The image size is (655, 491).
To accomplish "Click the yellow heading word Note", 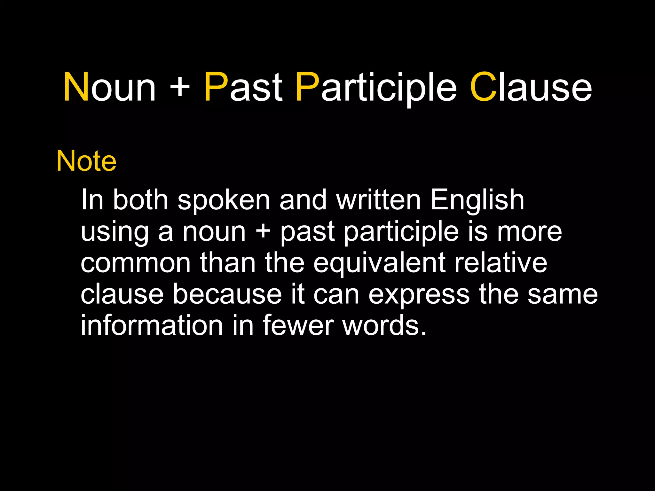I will [x=86, y=161].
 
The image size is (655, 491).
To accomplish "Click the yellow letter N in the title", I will [x=76, y=87].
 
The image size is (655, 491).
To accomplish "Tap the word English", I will [x=477, y=201].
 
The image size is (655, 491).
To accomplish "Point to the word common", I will [x=136, y=263].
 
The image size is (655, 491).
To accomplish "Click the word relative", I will [x=501, y=263].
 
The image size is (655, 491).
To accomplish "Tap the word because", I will [x=227, y=294].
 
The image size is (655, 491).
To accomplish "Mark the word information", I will [x=152, y=325].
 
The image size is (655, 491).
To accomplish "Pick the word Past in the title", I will [x=243, y=87].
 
